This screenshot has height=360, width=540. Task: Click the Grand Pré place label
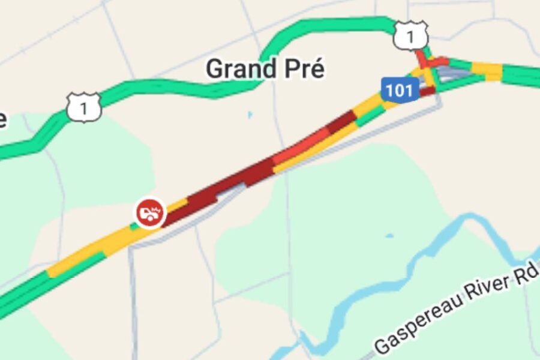coord(265,69)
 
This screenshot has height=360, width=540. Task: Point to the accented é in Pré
coord(316,69)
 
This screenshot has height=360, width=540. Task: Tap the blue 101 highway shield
coord(399,90)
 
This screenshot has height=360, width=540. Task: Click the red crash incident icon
coord(149,212)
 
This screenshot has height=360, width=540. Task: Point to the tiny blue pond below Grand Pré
coord(250,114)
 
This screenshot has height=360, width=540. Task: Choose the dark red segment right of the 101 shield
coord(427,91)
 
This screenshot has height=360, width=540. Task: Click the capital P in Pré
coord(292,69)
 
